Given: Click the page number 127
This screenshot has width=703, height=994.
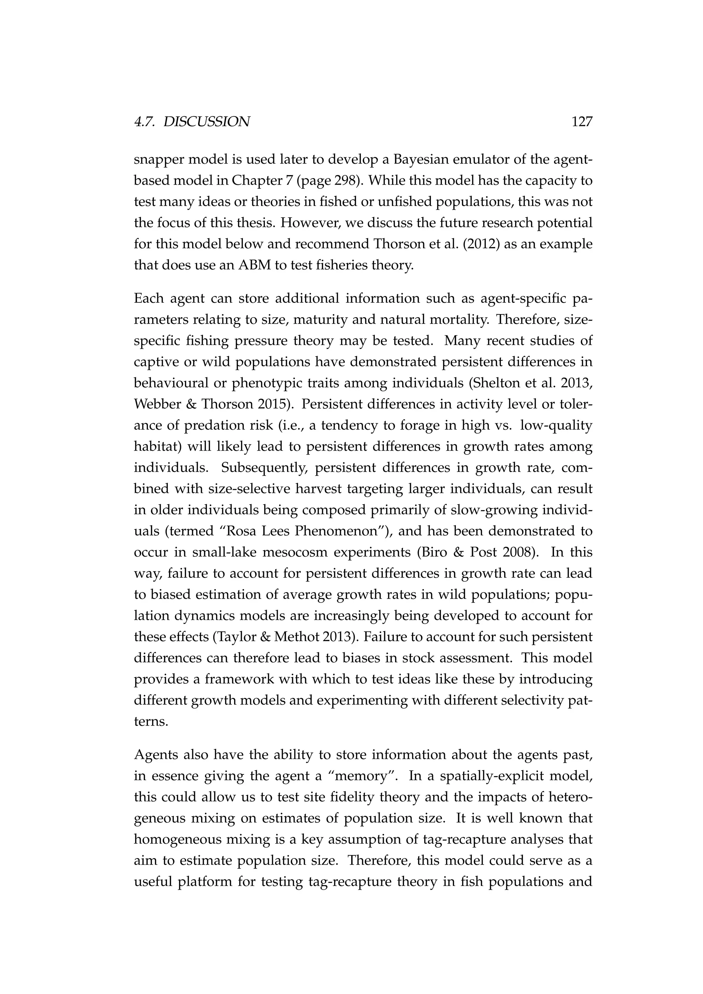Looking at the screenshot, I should click(x=581, y=122).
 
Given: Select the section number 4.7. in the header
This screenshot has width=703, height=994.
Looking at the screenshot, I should click(x=146, y=122).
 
